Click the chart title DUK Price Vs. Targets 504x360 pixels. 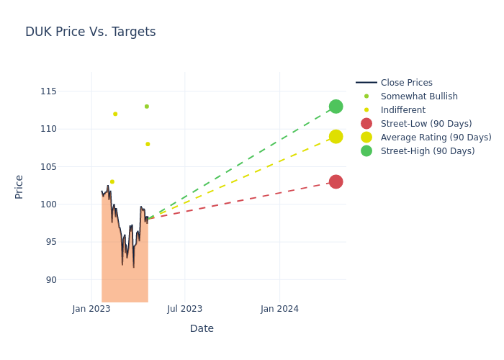pyautogui.click(x=90, y=32)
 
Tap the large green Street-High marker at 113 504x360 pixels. pyautogui.click(x=336, y=107)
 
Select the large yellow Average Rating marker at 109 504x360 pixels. pyautogui.click(x=336, y=137)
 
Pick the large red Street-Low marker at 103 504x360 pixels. pyautogui.click(x=336, y=181)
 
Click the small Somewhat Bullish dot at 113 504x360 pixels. pyautogui.click(x=147, y=107)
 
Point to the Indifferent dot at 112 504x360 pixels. pyautogui.click(x=115, y=114)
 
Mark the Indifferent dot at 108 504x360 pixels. pyautogui.click(x=148, y=144)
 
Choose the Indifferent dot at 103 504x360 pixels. pyautogui.click(x=112, y=181)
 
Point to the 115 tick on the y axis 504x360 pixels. pyautogui.click(x=68, y=91)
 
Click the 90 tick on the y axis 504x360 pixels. pyautogui.click(x=71, y=279)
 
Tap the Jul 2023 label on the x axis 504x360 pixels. pyautogui.click(x=185, y=310)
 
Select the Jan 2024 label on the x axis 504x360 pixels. pyautogui.click(x=279, y=310)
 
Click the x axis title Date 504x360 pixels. pyautogui.click(x=202, y=328)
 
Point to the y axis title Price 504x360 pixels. pyautogui.click(x=19, y=186)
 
